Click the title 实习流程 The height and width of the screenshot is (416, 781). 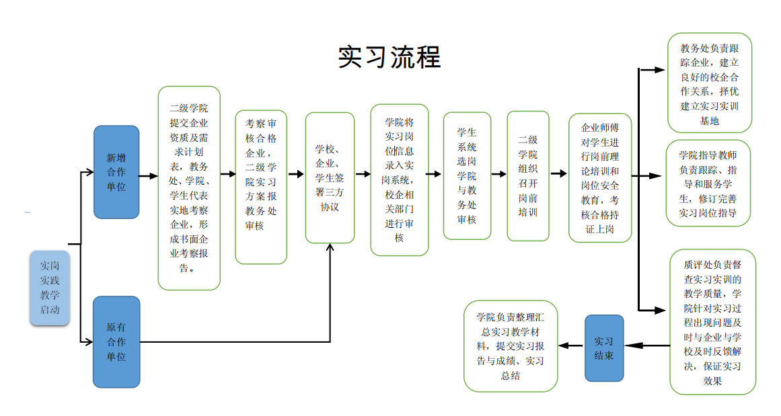point(389,58)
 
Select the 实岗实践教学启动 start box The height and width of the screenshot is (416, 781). point(50,288)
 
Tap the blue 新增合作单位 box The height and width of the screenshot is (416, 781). point(116,172)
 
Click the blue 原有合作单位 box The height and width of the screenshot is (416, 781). point(116,341)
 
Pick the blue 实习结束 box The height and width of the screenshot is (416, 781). point(603,347)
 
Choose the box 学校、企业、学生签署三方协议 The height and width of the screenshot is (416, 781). point(330,177)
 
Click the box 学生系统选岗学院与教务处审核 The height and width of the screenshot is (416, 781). point(467,176)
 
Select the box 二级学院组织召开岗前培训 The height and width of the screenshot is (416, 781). point(528,176)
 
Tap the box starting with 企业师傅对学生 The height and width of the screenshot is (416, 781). point(600,177)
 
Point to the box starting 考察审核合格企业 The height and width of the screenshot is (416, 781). point(261,187)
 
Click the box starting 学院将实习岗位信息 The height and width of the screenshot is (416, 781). point(400,180)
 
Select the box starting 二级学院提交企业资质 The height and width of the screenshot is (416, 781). point(189,188)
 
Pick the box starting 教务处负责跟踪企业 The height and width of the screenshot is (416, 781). point(709,83)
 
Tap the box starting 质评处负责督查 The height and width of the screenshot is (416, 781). point(712,322)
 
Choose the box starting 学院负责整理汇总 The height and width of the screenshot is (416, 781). point(511,346)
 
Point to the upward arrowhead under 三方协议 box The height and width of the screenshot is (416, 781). point(330,247)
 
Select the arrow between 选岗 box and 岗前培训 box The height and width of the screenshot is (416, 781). point(498,173)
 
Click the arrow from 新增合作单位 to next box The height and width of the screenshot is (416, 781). point(149,176)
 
